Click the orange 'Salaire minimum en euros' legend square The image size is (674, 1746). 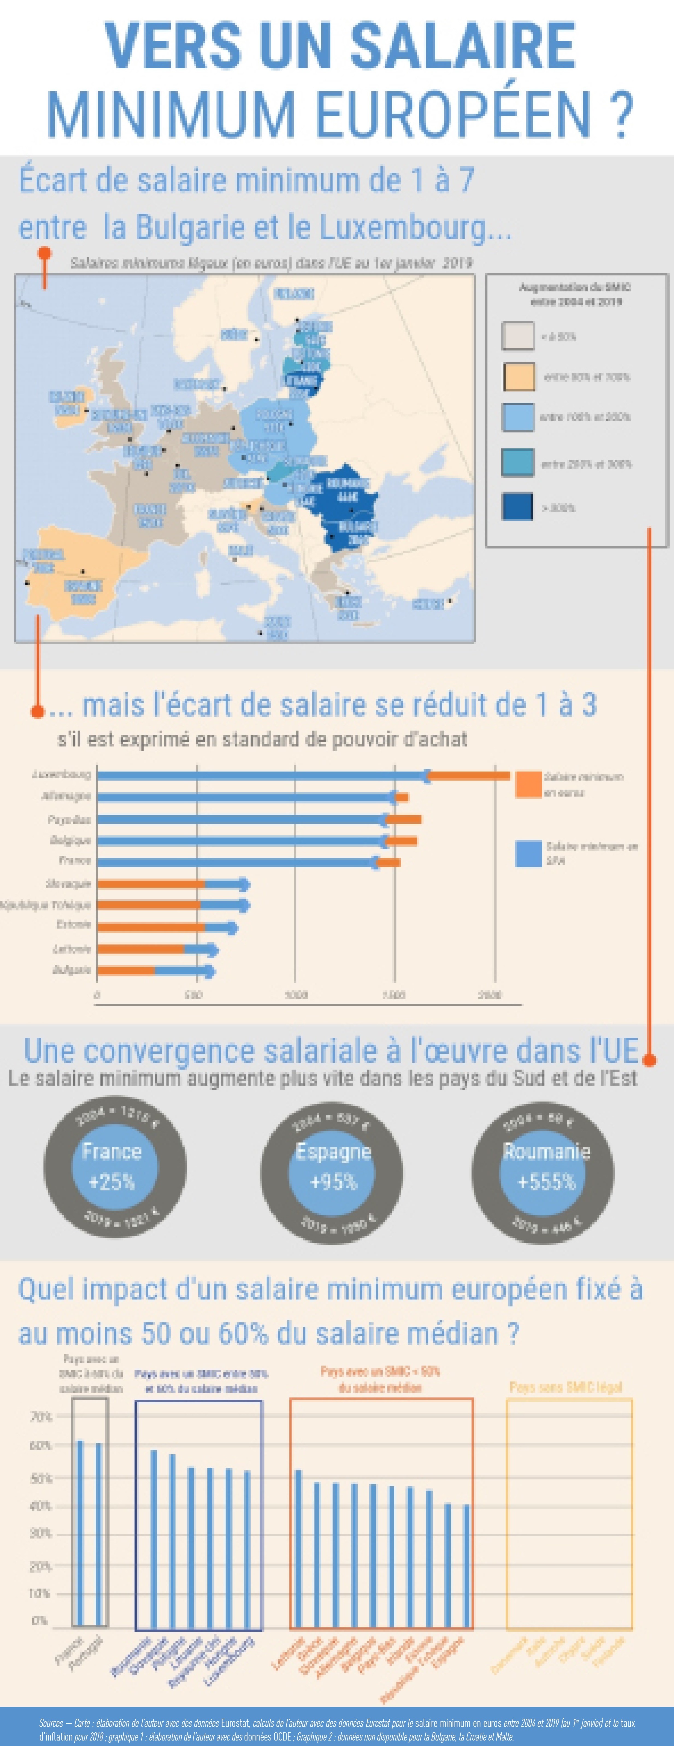tap(528, 784)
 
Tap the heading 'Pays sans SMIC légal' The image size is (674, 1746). tap(566, 1387)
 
